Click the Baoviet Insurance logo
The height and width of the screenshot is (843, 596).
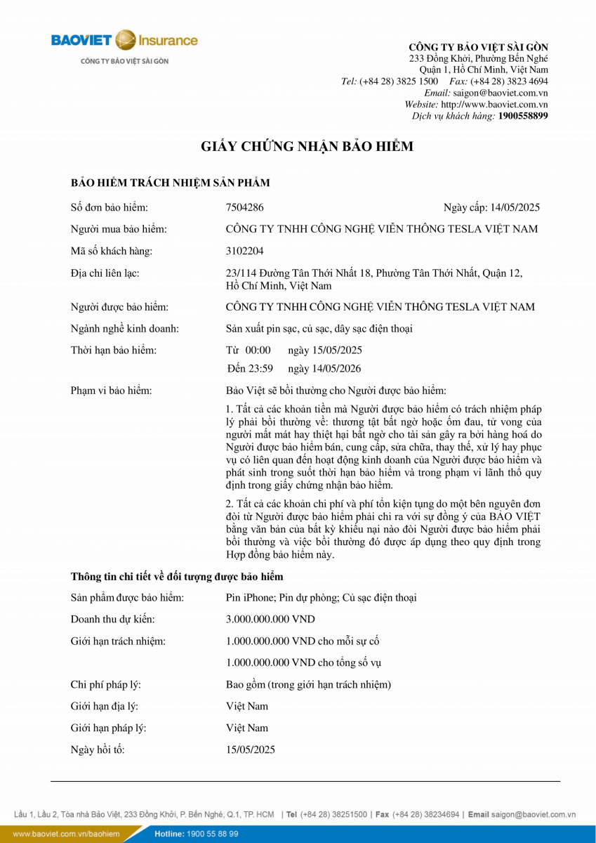[124, 41]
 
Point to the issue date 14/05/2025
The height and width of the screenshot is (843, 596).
[516, 207]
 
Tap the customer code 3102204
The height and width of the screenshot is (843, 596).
[245, 251]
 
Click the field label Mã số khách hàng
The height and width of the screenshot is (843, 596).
[112, 251]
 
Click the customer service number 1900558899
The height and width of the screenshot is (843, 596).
[523, 116]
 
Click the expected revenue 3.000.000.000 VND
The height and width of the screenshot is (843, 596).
[270, 619]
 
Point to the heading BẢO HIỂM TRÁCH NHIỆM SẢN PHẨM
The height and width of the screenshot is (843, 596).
[171, 183]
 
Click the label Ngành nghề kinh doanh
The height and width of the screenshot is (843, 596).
[125, 328]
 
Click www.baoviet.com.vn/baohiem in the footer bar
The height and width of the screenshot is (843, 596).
[66, 834]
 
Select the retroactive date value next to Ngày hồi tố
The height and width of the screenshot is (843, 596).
[251, 750]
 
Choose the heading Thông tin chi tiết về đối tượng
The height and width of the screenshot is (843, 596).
[177, 577]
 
